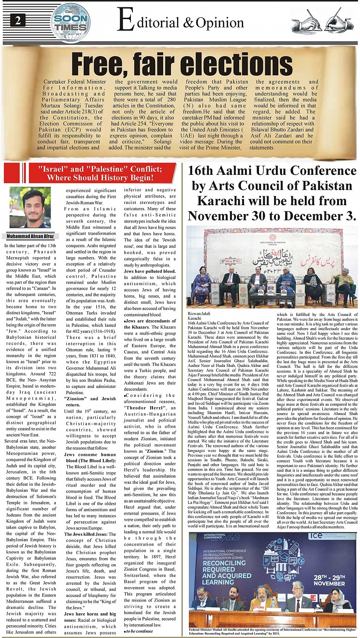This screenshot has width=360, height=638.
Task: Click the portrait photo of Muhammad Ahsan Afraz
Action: (29, 208)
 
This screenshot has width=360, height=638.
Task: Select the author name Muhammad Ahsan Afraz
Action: (29, 236)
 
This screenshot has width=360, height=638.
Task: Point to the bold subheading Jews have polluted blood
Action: (150, 272)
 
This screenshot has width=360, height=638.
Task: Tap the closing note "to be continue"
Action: (139, 631)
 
